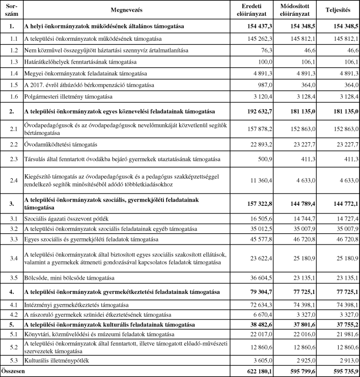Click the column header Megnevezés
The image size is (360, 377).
pyautogui.click(x=124, y=10)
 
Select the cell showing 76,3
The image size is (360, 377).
pyautogui.click(x=265, y=50)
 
